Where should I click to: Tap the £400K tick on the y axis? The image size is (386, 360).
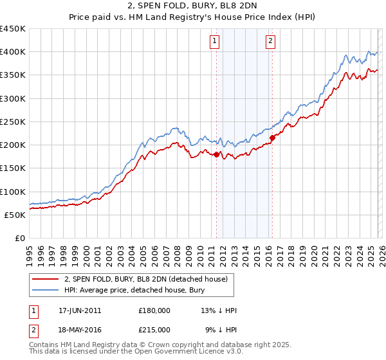click(x=13, y=52)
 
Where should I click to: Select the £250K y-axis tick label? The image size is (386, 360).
click(x=13, y=122)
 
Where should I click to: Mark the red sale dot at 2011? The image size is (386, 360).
click(x=216, y=154)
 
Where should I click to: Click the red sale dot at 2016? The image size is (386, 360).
click(x=272, y=138)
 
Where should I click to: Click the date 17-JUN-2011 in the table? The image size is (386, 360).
click(x=80, y=310)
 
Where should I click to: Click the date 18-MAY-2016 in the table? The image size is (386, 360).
click(x=80, y=329)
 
